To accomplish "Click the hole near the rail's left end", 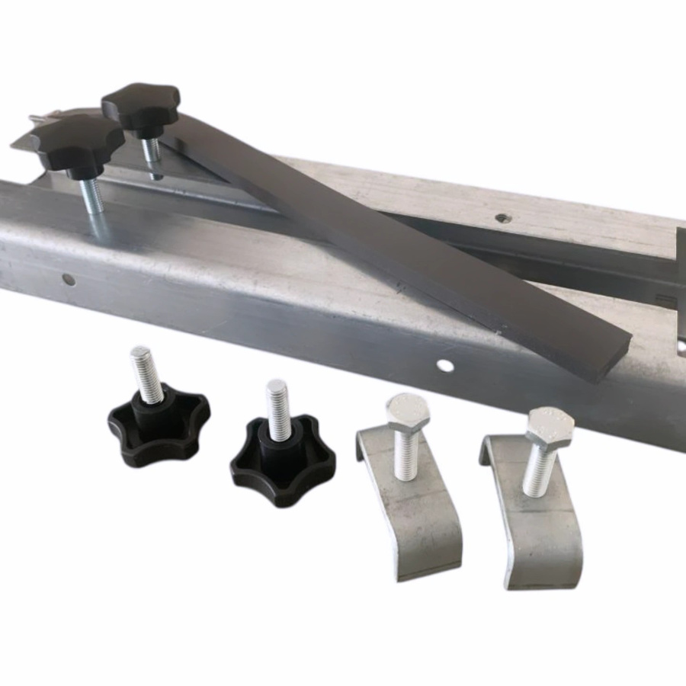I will [x=69, y=280].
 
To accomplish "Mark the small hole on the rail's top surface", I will [x=501, y=218].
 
